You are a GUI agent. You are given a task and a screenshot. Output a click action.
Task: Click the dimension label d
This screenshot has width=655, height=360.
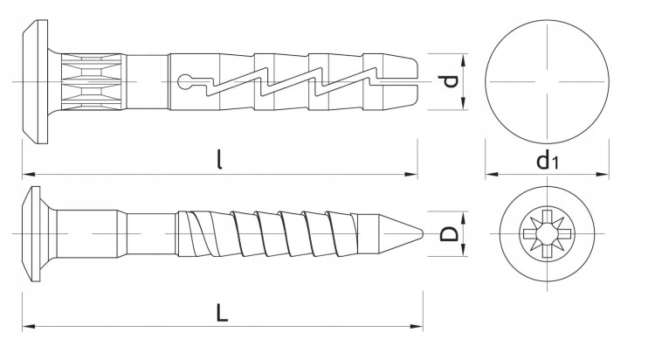[451, 81]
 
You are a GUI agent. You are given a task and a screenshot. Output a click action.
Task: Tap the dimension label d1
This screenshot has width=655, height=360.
[548, 161]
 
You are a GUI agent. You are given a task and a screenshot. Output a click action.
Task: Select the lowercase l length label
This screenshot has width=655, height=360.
[219, 160]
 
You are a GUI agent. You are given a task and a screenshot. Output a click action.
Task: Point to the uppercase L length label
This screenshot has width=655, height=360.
[222, 312]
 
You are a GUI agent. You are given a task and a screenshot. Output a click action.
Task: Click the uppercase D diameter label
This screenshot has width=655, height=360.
[450, 233]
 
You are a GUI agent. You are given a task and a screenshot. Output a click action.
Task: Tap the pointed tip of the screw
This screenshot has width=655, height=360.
[423, 233]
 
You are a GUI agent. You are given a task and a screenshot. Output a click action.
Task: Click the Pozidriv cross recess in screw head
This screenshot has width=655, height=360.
[547, 233]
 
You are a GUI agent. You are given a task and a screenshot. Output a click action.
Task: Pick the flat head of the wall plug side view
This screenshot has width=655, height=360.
[35, 81]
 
